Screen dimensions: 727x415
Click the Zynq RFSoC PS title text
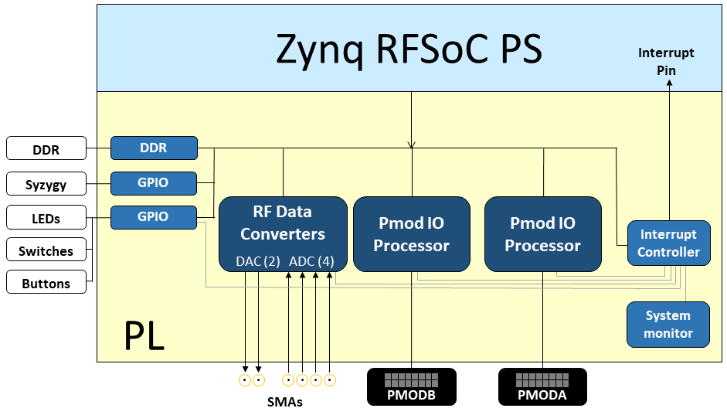(409, 49)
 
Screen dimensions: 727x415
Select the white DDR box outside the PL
(46, 148)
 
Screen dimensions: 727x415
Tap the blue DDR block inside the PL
(154, 148)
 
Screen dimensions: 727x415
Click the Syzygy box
(46, 184)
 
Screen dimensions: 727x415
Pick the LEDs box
(46, 217)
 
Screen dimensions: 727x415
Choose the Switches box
(46, 250)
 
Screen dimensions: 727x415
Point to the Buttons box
(46, 282)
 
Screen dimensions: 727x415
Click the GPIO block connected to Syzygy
(154, 183)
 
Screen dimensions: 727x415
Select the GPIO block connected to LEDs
(154, 217)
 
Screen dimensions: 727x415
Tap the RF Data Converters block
(283, 234)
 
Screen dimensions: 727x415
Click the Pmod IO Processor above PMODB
(412, 234)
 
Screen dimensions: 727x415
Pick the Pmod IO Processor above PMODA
(543, 234)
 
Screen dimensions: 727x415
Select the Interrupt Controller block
(668, 243)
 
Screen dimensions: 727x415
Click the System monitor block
(668, 325)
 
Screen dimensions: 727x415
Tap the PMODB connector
(412, 386)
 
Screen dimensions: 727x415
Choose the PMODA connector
(542, 386)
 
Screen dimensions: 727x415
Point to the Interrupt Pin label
(666, 61)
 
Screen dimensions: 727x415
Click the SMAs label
(284, 402)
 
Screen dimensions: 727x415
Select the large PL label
(144, 335)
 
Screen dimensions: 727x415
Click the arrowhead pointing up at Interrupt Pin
(669, 83)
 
